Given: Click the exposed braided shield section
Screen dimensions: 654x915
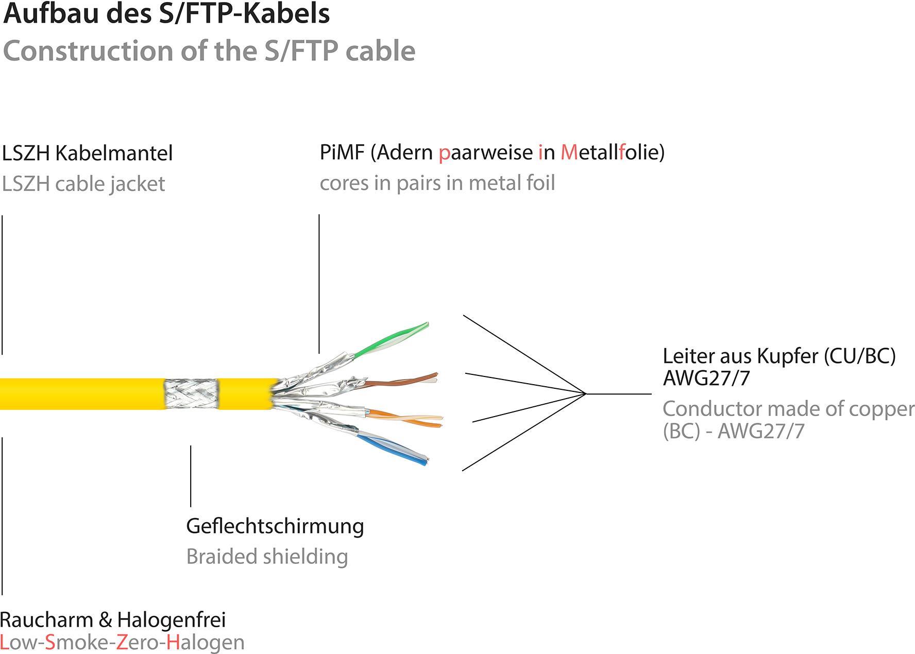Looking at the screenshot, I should click(x=191, y=394).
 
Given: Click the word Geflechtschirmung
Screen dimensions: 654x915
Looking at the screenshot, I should click(x=275, y=526).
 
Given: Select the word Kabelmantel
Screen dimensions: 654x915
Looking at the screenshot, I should click(x=113, y=153).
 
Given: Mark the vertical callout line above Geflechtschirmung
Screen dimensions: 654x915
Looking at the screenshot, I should click(x=191, y=476).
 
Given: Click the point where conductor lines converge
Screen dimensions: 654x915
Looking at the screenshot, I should click(x=586, y=394).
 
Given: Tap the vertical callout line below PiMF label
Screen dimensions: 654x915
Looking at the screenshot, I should click(x=319, y=283).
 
